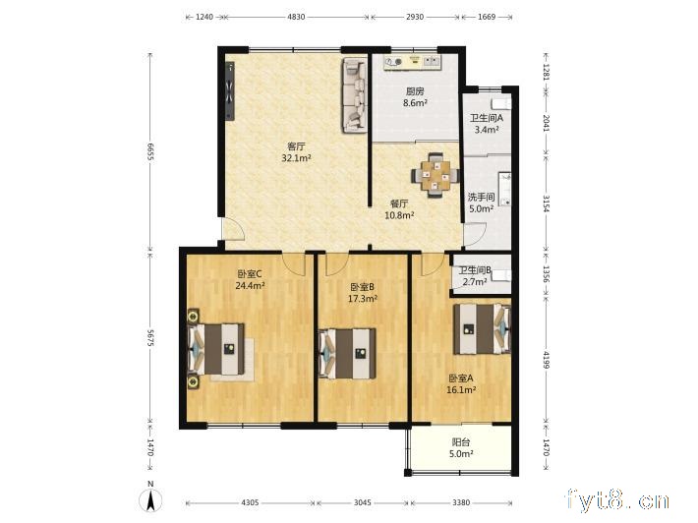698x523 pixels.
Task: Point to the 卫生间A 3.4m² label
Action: (486, 124)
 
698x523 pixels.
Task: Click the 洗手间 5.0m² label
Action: (481, 202)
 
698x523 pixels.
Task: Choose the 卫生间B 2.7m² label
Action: (475, 275)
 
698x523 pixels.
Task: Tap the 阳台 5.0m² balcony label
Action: (462, 448)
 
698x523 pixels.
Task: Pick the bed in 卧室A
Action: (482, 328)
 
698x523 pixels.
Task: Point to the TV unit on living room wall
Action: (230, 91)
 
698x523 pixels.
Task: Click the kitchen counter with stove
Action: (414, 62)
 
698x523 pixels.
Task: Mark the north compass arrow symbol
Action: (148, 499)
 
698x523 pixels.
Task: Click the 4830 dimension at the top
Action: (296, 17)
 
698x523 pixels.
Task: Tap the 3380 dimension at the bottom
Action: (461, 502)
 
